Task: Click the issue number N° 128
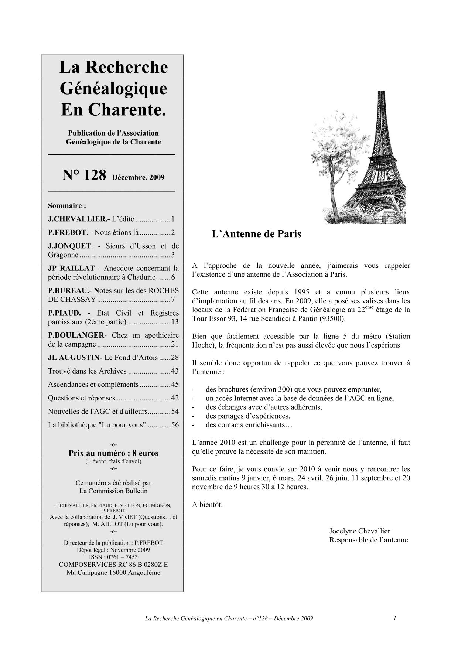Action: pyautogui.click(x=84, y=175)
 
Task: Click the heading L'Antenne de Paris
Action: pyautogui.click(x=256, y=234)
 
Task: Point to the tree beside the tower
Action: pyautogui.click(x=329, y=155)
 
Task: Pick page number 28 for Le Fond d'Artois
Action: pyautogui.click(x=175, y=358)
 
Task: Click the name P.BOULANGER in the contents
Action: pyautogui.click(x=76, y=335)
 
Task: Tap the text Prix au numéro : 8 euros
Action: pyautogui.click(x=113, y=453)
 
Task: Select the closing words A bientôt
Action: pyautogui.click(x=207, y=504)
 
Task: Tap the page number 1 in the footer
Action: pyautogui.click(x=395, y=618)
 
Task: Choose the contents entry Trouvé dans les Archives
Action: pyautogui.click(x=87, y=371)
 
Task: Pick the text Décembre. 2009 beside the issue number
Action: pyautogui.click(x=139, y=177)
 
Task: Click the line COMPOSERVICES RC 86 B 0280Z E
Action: pyautogui.click(x=113, y=565)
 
